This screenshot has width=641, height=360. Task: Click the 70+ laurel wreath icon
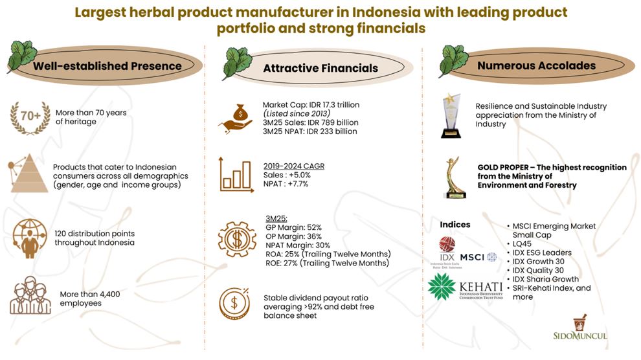[x=30, y=118]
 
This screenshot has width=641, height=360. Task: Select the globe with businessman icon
[x=29, y=239]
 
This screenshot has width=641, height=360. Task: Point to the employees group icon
[x=30, y=295]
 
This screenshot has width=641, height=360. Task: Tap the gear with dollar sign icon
[x=237, y=240]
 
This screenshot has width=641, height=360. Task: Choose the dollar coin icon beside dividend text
[x=234, y=304]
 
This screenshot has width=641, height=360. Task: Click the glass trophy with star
[x=451, y=116]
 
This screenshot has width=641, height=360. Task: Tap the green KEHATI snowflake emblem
[x=442, y=287]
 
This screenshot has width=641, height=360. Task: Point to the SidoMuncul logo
[x=580, y=328]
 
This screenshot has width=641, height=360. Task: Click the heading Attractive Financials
[x=320, y=68]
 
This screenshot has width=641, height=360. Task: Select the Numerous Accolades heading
[x=536, y=66]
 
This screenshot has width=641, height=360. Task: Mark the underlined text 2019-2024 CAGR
[x=294, y=166]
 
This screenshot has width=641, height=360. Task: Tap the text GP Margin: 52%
[x=293, y=228]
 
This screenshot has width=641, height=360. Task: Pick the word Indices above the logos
[x=455, y=225]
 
